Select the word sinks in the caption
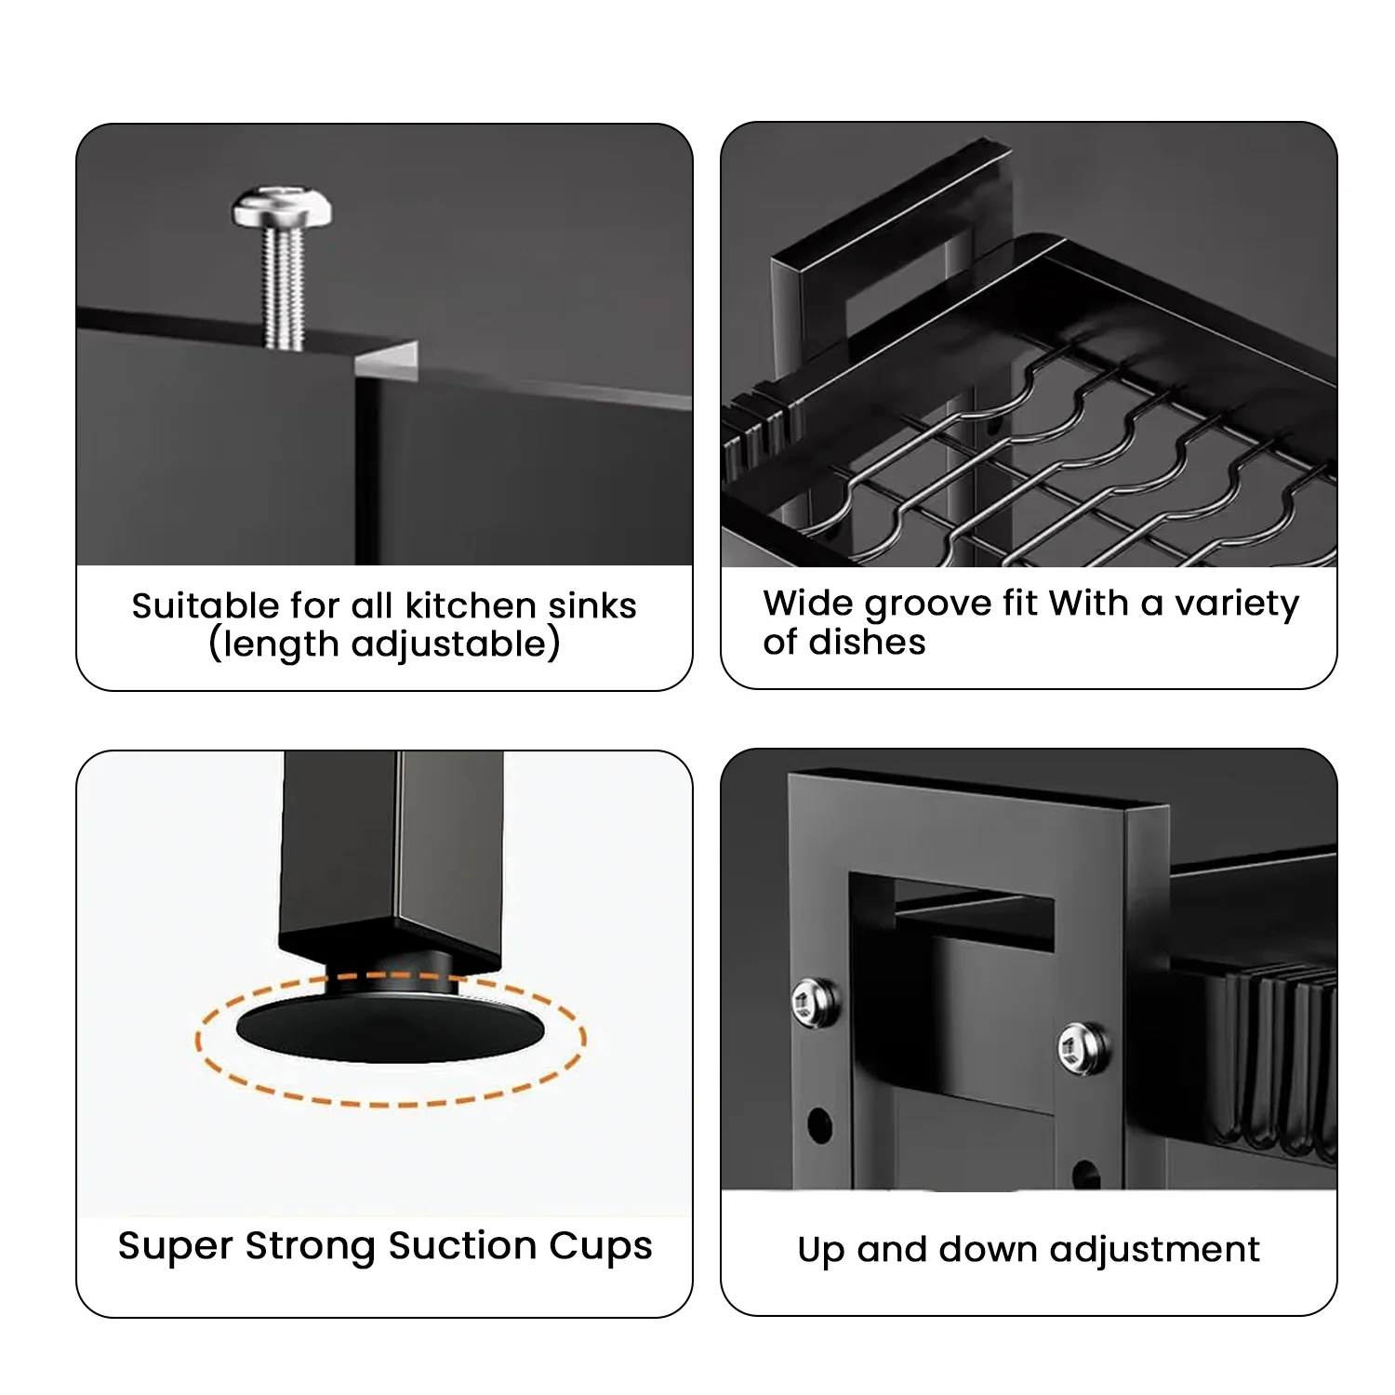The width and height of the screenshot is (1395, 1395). coord(591,605)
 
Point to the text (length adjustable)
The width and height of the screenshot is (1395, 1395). coord(384,644)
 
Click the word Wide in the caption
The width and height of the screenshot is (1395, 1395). coord(808,603)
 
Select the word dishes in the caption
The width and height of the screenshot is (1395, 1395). coord(867,642)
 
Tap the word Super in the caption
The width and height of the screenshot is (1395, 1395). coord(176,1246)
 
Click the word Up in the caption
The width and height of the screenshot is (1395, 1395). coord(821,1251)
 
